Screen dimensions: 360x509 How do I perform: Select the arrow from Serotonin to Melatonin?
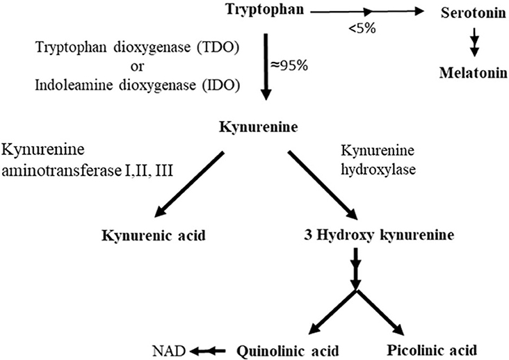tap(474, 43)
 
